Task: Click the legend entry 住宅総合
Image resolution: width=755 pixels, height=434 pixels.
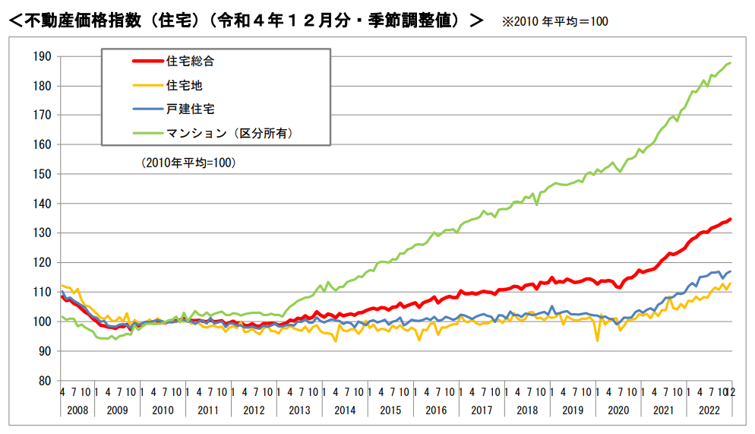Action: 185,61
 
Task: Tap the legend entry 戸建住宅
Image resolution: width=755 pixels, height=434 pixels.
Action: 185,109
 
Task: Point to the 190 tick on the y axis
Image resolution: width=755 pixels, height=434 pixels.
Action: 42,56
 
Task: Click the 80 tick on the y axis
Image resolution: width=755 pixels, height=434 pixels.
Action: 44,381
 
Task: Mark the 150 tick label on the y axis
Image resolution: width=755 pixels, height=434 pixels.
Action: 42,174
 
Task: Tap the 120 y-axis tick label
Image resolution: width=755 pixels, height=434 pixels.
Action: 42,263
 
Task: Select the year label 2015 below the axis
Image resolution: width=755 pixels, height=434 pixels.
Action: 390,410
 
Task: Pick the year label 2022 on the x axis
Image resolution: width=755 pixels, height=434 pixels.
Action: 709,410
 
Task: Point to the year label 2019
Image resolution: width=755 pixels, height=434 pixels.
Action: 573,410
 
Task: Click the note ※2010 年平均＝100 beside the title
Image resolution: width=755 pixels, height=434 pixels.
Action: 554,21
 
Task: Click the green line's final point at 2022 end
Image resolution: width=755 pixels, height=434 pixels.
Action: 731,62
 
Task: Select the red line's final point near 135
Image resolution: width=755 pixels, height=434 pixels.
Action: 731,219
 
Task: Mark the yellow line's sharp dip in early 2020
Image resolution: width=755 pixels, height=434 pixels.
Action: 597,340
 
